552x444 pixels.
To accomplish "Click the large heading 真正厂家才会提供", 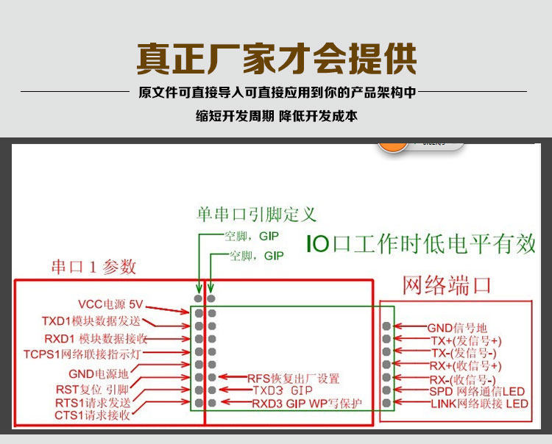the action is (276, 60).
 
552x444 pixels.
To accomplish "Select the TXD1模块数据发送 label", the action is (91, 321).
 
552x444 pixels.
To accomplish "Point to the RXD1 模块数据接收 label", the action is (96, 338).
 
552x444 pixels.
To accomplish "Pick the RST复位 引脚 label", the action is (92, 389).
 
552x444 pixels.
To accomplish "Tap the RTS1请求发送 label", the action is (93, 402).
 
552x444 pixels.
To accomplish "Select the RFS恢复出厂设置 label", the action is (293, 379).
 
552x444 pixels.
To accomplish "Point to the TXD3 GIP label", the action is (283, 390).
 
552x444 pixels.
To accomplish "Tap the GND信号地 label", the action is (457, 328).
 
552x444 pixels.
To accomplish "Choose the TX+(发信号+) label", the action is (465, 340).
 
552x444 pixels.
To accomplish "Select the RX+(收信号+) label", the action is (465, 365).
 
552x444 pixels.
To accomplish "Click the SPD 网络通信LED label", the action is (477, 391).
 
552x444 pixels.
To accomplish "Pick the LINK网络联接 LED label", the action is (479, 404).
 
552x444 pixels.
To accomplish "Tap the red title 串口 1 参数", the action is (93, 266).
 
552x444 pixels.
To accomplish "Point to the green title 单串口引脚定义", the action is (256, 214).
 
